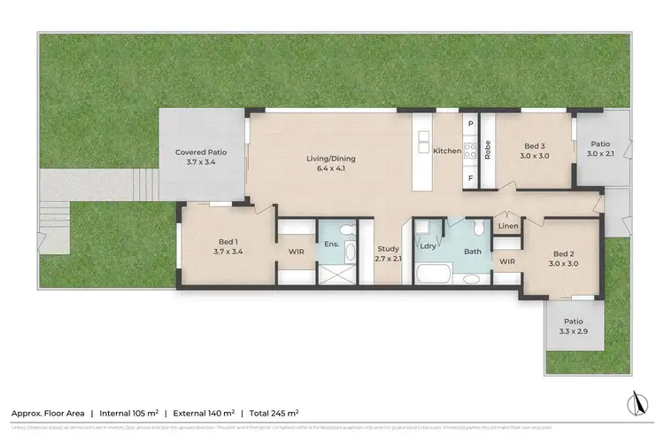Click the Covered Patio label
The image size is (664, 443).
(x=201, y=152)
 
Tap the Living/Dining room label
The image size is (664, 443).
(x=331, y=159)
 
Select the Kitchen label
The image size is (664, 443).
(x=447, y=152)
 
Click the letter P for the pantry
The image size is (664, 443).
(x=471, y=125)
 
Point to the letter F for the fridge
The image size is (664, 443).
(x=471, y=178)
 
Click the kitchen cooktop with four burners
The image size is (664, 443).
(x=471, y=151)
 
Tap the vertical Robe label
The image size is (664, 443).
(x=488, y=152)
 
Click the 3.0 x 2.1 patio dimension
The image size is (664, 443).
(x=600, y=153)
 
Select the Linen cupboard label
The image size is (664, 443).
(x=507, y=227)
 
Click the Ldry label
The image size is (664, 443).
(x=427, y=246)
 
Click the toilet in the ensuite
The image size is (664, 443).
(x=347, y=231)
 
